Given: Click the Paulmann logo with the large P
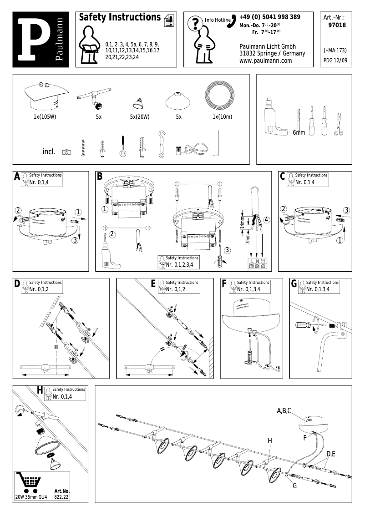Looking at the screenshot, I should (x=41, y=39).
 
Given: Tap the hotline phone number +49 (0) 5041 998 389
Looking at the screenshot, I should (x=270, y=17).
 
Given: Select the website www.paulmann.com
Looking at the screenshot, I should (x=265, y=61).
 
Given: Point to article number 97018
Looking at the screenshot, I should (x=337, y=25).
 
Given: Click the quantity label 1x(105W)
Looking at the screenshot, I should (x=45, y=117).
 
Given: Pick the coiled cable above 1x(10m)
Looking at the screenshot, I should (x=221, y=95).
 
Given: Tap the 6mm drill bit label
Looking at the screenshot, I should (x=299, y=132).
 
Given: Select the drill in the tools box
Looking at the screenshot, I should (x=274, y=118).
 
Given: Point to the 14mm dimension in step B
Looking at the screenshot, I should (x=242, y=223).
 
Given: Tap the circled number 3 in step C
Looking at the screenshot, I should (x=346, y=210).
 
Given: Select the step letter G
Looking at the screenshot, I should (x=294, y=284).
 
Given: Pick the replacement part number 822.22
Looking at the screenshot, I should (x=61, y=497).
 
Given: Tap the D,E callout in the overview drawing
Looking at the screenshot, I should (x=331, y=454).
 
